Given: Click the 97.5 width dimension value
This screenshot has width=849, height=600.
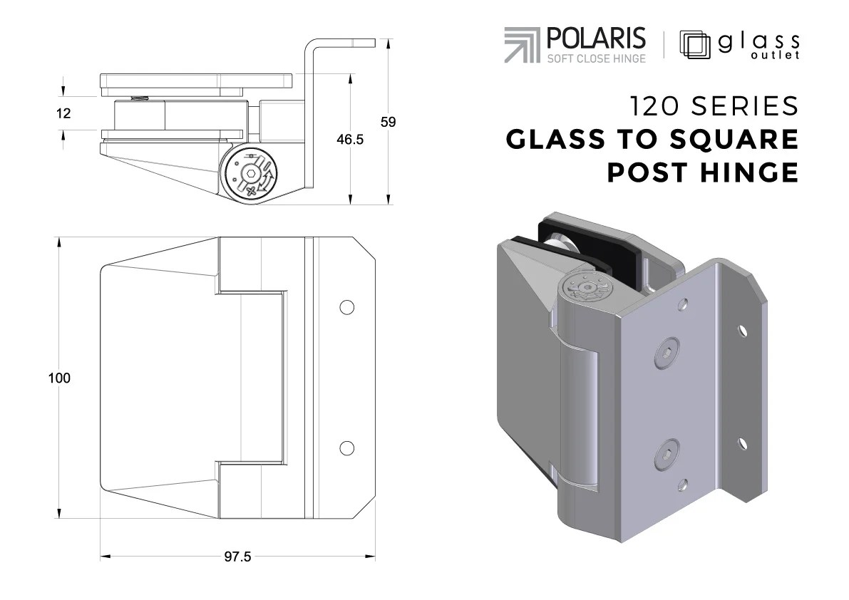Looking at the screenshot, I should pyautogui.click(x=237, y=557).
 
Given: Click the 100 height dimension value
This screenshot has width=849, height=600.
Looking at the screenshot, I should pyautogui.click(x=60, y=378).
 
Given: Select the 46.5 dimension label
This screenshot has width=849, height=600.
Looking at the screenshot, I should pyautogui.click(x=350, y=140).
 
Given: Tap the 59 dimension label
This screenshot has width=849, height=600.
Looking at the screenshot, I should pyautogui.click(x=388, y=122).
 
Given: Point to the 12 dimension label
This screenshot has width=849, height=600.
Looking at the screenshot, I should pyautogui.click(x=63, y=113).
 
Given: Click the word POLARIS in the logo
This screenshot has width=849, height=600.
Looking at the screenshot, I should pyautogui.click(x=596, y=38).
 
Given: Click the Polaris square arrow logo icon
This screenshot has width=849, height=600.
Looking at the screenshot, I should pyautogui.click(x=523, y=45).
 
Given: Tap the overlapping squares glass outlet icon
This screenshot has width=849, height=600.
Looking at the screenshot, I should pyautogui.click(x=695, y=44).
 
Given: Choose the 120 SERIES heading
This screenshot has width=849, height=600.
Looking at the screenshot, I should pyautogui.click(x=713, y=106).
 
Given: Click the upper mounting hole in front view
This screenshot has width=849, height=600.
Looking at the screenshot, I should pyautogui.click(x=346, y=307).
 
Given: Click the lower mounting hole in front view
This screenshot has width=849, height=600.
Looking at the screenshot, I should pyautogui.click(x=346, y=448).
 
